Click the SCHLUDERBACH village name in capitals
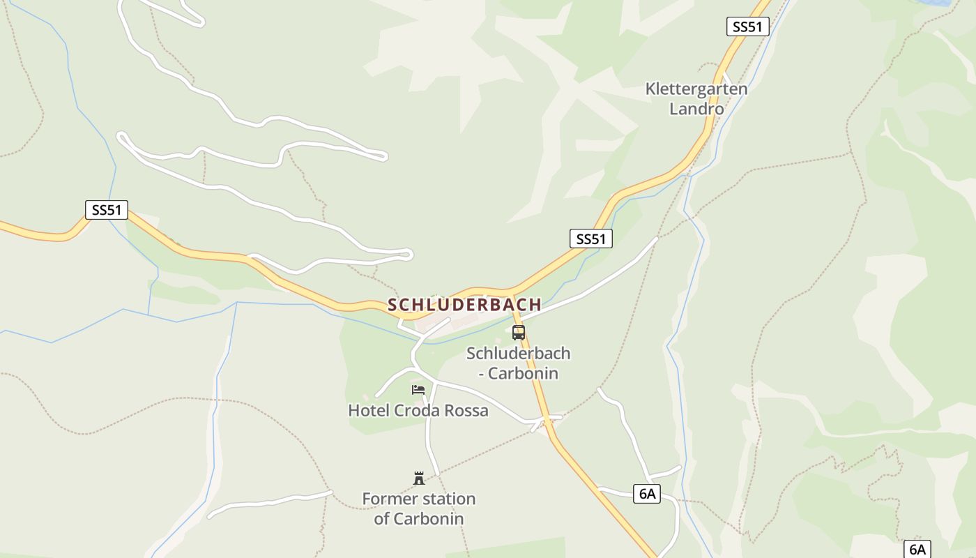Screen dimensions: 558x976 tap(464, 305)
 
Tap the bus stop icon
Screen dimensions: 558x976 tap(519, 333)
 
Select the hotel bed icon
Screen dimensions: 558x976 tap(418, 390)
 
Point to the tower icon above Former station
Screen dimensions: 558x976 tap(419, 478)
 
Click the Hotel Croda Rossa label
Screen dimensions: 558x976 tap(418, 411)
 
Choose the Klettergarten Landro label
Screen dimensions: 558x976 tap(696, 99)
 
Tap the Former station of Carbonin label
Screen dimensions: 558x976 tap(418, 508)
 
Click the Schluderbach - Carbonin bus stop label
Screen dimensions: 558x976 tap(518, 363)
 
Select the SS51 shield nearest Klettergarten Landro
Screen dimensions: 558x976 tap(747, 27)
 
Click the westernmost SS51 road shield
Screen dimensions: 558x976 tap(107, 210)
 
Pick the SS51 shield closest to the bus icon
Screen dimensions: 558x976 tap(590, 239)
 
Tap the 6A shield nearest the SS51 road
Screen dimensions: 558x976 tap(647, 494)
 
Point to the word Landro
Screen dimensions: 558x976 tap(696, 110)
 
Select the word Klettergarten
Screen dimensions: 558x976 tap(696, 89)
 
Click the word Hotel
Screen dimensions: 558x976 tap(369, 411)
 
